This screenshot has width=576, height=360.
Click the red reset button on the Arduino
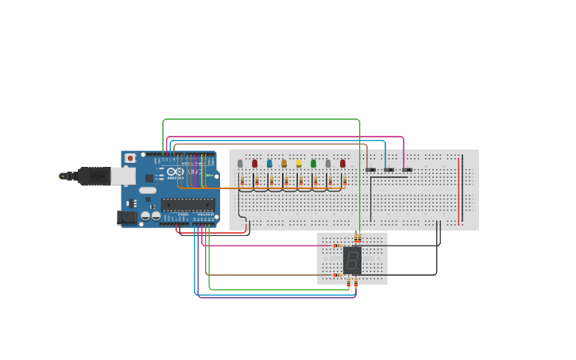pyautogui.click(x=130, y=158)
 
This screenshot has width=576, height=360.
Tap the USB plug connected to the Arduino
pyautogui.click(x=94, y=176)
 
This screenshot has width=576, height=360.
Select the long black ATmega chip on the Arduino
pyautogui.click(x=187, y=204)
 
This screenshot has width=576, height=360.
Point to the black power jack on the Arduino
pyautogui.click(x=126, y=217)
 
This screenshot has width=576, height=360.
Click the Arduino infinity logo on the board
pyautogui.click(x=176, y=172)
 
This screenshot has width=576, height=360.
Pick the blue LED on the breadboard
pyautogui.click(x=269, y=164)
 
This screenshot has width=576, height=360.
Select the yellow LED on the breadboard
pyautogui.click(x=299, y=164)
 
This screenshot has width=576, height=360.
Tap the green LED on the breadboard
pyautogui.click(x=313, y=164)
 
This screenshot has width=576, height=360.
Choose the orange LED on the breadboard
pyautogui.click(x=284, y=164)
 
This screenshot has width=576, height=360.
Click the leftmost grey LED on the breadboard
pyautogui.click(x=240, y=164)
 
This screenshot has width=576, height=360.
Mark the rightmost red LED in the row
pyautogui.click(x=342, y=164)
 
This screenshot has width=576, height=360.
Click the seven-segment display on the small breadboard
pyautogui.click(x=352, y=260)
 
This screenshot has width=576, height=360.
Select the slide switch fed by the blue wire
pyautogui.click(x=389, y=169)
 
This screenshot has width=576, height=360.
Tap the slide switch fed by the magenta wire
pyautogui.click(x=407, y=169)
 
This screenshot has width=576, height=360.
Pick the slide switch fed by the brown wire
pyautogui.click(x=370, y=169)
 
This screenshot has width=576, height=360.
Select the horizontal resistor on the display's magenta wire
pyautogui.click(x=338, y=246)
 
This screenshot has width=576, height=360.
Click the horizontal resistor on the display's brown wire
pyautogui.click(x=338, y=275)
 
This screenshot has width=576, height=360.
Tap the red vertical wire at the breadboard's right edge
pyautogui.click(x=458, y=191)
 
